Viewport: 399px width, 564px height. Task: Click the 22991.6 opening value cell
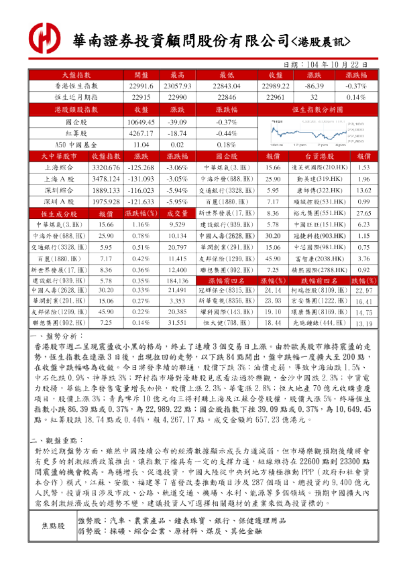point(141,86)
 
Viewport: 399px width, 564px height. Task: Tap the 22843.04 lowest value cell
point(225,86)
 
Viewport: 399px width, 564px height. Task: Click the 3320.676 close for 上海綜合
point(105,167)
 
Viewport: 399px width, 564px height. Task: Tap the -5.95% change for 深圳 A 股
point(177,201)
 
